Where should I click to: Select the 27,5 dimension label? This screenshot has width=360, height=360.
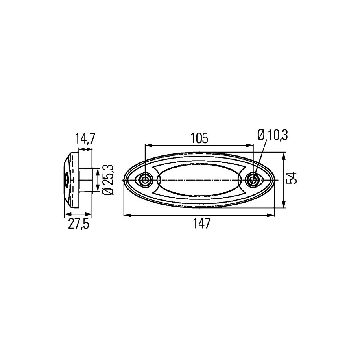click(x=78, y=223)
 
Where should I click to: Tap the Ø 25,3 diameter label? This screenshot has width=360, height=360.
click(x=108, y=180)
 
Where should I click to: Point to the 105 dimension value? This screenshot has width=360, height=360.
click(x=199, y=138)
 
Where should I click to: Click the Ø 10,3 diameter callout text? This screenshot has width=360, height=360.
click(x=273, y=135)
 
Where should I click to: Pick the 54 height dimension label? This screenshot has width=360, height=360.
click(x=292, y=177)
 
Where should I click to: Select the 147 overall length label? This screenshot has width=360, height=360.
click(x=201, y=223)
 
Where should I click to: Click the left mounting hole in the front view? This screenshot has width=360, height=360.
click(x=145, y=180)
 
